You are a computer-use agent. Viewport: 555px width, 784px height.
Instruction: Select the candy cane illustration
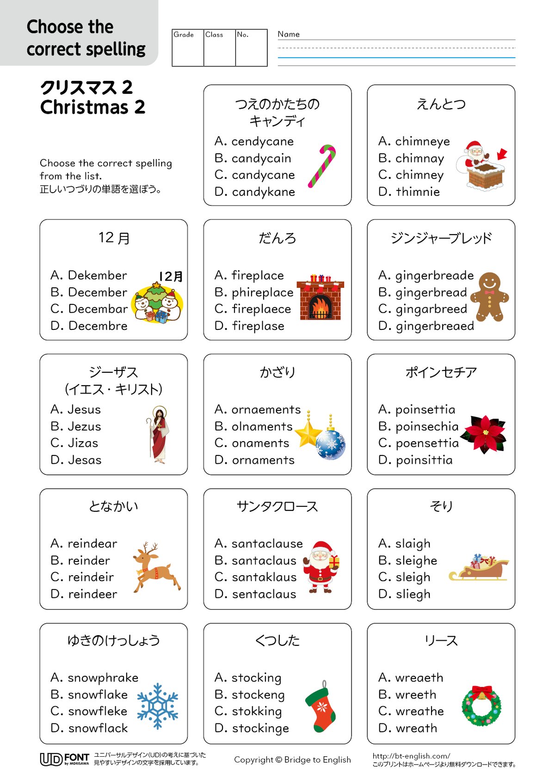click(x=322, y=166)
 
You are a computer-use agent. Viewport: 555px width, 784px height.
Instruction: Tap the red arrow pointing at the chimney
click(x=502, y=154)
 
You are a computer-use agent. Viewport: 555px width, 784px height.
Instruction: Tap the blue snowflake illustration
click(x=158, y=706)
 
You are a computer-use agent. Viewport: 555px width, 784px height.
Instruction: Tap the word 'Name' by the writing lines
click(x=289, y=34)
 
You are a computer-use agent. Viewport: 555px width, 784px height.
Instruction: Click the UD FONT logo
click(x=64, y=759)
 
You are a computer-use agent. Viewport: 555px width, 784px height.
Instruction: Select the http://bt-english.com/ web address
click(x=411, y=756)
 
